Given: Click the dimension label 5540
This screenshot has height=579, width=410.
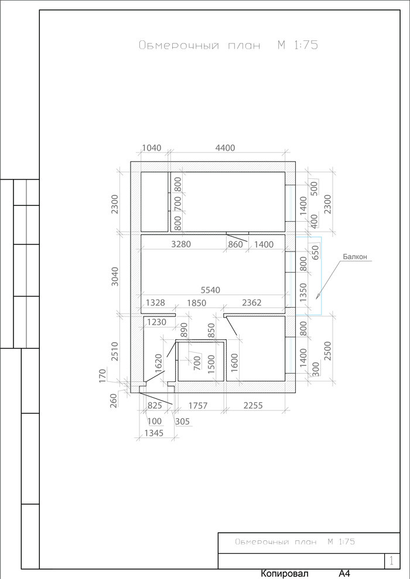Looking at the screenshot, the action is pos(211,290).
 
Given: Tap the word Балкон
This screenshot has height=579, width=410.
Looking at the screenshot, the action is pos(357,257).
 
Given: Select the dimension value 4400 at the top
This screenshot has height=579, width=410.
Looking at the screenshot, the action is pos(225,148).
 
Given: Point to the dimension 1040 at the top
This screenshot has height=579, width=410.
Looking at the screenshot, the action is pos(152,148).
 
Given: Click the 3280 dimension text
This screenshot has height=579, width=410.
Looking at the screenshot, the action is pos(181,244).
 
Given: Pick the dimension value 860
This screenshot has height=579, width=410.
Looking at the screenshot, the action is pos(236,244).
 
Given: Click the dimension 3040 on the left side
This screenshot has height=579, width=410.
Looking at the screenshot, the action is pos(115,276).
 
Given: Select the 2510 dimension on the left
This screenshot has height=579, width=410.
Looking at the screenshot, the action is pos(115,351).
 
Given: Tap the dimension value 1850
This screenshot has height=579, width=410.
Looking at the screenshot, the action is pos(197,303).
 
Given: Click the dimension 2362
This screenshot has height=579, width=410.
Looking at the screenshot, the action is pos(252,303).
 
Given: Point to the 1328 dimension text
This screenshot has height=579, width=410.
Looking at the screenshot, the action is pos(155,303).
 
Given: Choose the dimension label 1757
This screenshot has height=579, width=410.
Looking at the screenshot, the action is pos(198,406).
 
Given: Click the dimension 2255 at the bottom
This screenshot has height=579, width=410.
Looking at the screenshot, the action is pos(253,405).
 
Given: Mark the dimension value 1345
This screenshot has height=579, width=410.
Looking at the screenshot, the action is pos(154,433).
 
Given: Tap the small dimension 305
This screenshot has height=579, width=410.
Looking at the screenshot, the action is pos(182,421).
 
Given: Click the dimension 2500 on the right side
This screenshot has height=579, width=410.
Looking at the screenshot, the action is pos(327,351).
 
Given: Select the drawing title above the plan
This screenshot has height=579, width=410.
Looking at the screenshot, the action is pos(228,45).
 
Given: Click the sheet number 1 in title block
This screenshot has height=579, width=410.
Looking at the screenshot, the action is pos(392,561).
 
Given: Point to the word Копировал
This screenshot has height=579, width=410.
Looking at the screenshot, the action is pos(284,574).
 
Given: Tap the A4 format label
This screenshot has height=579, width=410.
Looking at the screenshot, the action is pos(344,574).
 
